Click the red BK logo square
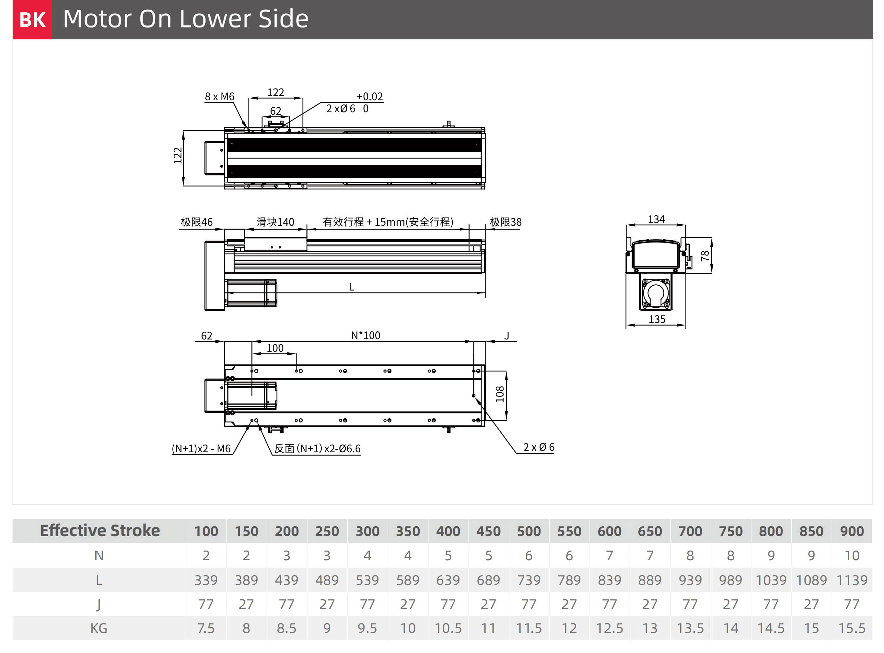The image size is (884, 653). tap(32, 19)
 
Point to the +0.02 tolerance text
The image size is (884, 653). tap(370, 96)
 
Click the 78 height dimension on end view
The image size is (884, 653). tap(705, 256)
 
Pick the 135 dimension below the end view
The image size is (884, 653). tap(657, 319)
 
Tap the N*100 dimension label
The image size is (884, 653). tap(366, 335)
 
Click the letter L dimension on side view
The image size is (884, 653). tap(351, 287)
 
